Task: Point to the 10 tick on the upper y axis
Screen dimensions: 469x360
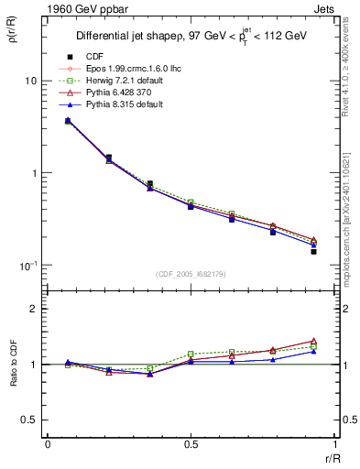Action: click(x=30, y=81)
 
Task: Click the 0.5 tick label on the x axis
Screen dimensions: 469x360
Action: click(x=191, y=444)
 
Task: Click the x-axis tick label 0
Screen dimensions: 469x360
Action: click(x=48, y=444)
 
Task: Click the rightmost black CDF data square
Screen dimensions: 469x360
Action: click(x=313, y=251)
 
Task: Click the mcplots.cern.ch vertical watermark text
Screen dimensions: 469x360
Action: click(x=351, y=229)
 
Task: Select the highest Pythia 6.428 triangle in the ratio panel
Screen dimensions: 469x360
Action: click(x=313, y=341)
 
